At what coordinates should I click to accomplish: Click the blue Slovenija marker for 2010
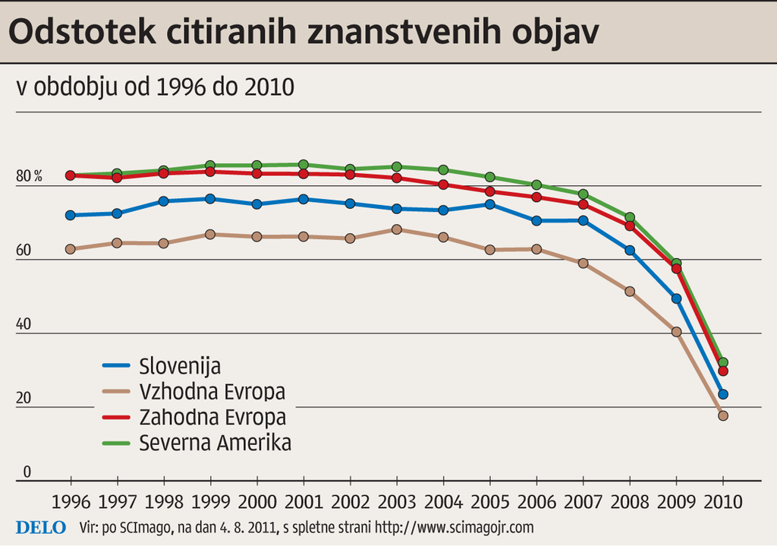723,394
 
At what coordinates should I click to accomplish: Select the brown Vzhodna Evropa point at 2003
397,229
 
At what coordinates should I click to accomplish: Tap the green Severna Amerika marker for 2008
630,218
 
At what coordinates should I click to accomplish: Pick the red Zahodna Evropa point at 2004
443,185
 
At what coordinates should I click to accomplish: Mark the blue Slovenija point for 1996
71,215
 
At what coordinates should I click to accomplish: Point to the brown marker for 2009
676,332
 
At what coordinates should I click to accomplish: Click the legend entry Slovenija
180,366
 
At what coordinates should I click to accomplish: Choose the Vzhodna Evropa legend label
212,392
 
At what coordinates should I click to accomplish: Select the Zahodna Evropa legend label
212,417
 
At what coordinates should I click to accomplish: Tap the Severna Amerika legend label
215,443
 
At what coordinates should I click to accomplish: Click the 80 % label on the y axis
29,177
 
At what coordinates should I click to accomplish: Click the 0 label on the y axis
27,472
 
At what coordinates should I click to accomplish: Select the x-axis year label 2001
304,502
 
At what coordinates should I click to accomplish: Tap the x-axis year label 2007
583,502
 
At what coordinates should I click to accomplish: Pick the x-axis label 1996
71,502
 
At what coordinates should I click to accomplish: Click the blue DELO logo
41,527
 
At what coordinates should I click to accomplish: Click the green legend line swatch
117,443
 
